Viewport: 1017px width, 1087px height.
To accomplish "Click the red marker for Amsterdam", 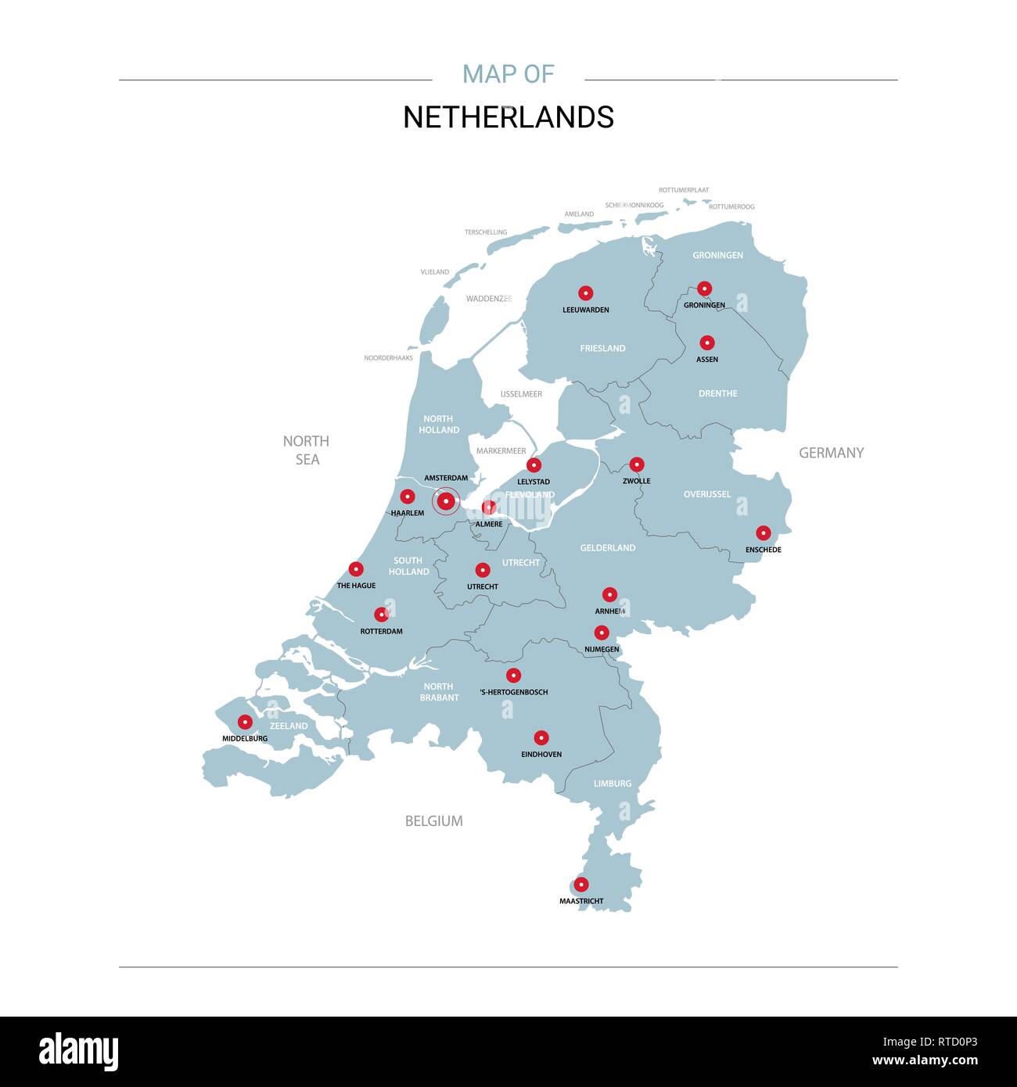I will (x=446, y=500).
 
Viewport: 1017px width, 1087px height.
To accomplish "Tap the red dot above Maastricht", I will (x=581, y=884).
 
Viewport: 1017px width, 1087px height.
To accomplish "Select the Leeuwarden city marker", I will (x=585, y=293).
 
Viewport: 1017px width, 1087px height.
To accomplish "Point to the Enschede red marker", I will (x=764, y=533).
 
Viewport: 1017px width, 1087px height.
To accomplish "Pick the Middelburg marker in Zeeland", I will (x=245, y=722).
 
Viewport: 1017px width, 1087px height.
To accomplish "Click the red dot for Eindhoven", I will (x=541, y=737).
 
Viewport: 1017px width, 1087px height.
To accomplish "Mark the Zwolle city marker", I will (x=637, y=465).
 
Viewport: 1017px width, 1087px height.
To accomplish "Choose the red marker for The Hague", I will (x=356, y=569).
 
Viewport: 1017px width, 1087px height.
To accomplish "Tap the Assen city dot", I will (x=707, y=343).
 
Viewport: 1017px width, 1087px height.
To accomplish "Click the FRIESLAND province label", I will (x=602, y=348).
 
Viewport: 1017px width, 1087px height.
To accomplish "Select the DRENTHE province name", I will (x=717, y=393).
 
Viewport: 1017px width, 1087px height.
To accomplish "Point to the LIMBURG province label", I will (x=612, y=784).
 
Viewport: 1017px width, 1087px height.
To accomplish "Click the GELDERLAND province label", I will (x=607, y=548).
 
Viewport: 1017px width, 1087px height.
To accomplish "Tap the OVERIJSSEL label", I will (x=706, y=494).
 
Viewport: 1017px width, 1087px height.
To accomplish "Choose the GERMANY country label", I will (x=831, y=453).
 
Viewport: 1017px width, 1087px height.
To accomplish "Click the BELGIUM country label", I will (x=433, y=821).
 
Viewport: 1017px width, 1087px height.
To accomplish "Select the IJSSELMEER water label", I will (x=521, y=394).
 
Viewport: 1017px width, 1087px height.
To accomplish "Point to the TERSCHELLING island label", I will (x=486, y=232).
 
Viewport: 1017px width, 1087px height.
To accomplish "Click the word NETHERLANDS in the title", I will (x=508, y=117).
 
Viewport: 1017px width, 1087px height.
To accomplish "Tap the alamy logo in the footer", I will (x=78, y=1052).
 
